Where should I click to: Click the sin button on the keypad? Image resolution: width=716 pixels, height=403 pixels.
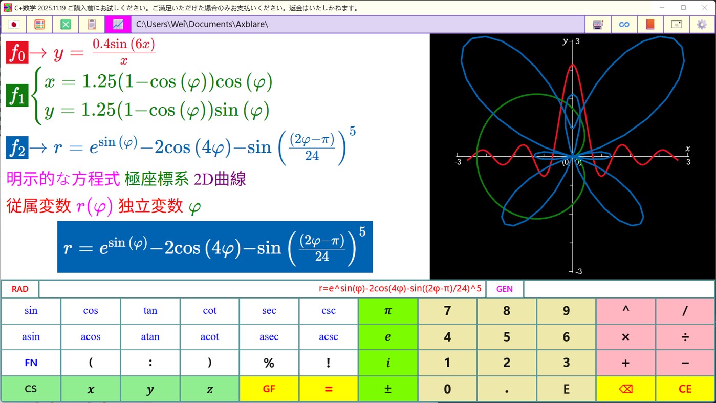coord(31,311)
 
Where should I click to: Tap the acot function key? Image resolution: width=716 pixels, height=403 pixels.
coord(209,337)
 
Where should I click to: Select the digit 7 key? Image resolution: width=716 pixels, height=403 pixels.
coord(447,311)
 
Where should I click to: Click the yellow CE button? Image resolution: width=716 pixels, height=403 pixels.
coord(685,389)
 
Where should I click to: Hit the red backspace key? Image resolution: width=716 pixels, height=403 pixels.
coord(625,389)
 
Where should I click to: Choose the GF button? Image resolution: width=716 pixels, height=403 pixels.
coord(269,389)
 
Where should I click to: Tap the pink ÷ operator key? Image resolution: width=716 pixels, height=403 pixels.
coord(685,337)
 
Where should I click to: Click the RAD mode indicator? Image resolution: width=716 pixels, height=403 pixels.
coord(20,289)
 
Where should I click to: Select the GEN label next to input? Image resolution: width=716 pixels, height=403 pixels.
coord(504,289)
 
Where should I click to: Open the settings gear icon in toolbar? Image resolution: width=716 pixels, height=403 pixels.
coord(702,24)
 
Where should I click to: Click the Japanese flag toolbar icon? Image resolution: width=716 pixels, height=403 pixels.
coord(14,24)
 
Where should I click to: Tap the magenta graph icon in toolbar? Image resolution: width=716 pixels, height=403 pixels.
coord(118,24)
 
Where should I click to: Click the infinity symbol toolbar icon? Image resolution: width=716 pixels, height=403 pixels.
coord(624,24)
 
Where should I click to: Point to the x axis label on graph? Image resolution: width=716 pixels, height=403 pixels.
coord(687,149)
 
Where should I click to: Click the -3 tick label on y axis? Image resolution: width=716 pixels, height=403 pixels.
coord(577,271)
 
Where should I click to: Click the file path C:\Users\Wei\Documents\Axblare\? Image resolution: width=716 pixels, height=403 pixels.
coord(202,24)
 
